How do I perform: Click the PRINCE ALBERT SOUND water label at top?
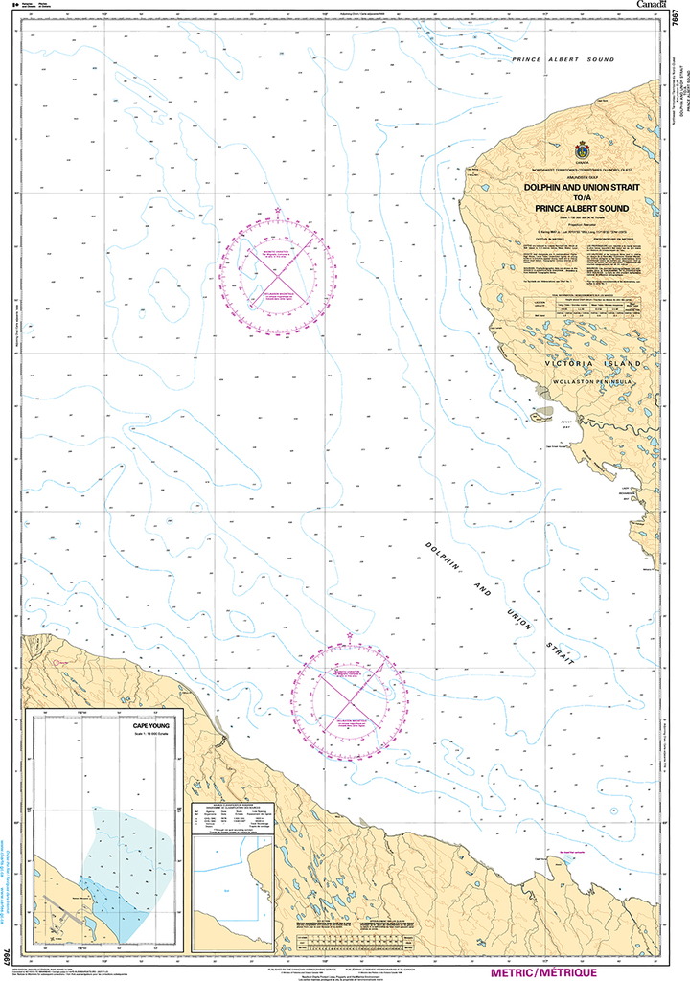coord(563,60)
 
